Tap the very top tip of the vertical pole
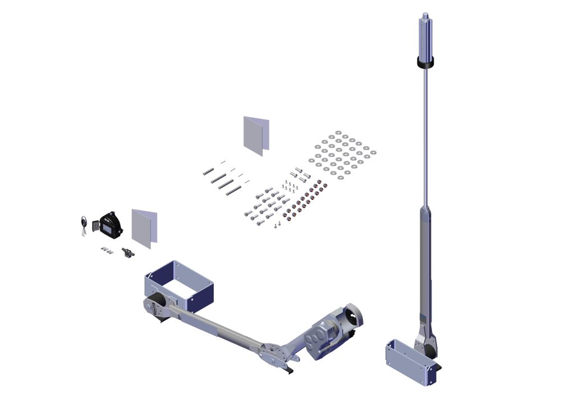(x=425, y=13)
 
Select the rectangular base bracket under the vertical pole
(x=410, y=365)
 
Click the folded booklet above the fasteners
(x=256, y=136)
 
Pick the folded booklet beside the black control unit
(x=144, y=228)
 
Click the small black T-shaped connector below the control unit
(x=127, y=253)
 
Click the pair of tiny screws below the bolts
(x=276, y=226)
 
